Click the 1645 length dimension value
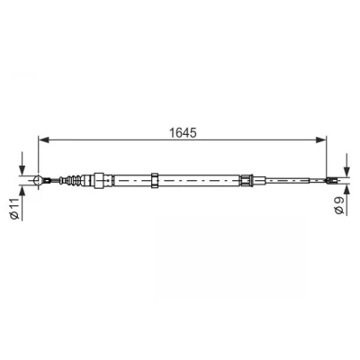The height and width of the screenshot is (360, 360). pos(183,132)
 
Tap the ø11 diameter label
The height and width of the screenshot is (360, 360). pos(14,209)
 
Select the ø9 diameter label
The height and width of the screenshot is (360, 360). pos(339,206)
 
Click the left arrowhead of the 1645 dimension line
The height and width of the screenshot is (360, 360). pos(44,139)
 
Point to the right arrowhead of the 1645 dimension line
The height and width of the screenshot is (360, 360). pos(320,139)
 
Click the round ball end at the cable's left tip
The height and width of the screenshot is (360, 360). pos(38,180)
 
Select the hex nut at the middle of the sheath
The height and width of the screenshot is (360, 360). pos(155,180)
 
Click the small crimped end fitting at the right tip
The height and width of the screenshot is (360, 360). pos(331,180)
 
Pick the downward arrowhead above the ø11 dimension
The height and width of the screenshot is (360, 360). pos(22,170)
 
